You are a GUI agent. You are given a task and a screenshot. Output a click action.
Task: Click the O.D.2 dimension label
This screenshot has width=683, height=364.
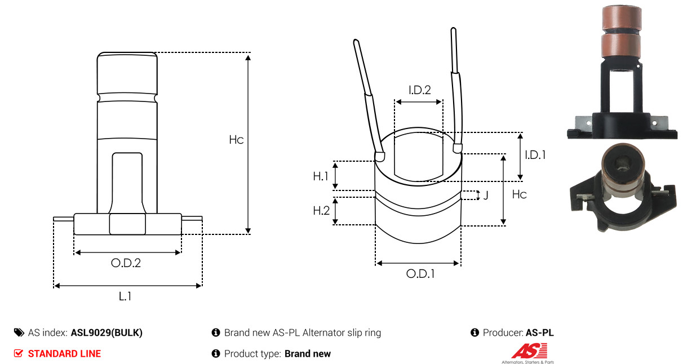126,263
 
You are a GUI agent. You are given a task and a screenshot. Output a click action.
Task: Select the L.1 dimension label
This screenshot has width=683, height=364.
125,296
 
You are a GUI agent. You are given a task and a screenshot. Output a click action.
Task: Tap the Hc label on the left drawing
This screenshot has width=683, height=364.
236,140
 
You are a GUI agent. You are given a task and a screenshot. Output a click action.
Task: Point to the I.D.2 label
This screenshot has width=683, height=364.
420,90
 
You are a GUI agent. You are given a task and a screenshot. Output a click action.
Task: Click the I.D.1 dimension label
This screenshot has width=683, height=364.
535,155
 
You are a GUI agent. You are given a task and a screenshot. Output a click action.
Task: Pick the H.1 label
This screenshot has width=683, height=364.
321,176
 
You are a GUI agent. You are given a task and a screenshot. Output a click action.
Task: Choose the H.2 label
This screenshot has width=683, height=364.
321,210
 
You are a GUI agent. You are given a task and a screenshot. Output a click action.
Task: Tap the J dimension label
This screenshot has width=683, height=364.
486,195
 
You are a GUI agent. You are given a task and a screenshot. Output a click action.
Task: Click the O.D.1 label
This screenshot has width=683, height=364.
420,274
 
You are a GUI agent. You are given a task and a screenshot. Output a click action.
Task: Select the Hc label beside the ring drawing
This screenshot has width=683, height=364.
520,194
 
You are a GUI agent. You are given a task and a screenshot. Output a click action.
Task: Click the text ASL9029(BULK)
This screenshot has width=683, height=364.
107,332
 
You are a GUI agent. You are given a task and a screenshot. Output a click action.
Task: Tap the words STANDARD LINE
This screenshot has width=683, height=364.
64,354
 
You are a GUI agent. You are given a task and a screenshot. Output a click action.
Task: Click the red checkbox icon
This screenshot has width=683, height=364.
18,353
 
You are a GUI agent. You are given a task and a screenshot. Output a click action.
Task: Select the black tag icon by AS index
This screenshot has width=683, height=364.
19,332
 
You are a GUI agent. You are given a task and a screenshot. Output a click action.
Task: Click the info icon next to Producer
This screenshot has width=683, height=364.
474,332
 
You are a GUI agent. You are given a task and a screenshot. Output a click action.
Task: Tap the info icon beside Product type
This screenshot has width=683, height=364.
216,354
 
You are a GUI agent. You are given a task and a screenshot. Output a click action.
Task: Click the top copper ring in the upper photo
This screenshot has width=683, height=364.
622,17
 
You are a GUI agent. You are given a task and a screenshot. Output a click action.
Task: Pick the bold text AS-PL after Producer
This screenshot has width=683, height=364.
540,332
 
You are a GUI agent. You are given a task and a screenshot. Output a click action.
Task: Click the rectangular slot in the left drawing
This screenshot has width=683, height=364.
127,183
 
